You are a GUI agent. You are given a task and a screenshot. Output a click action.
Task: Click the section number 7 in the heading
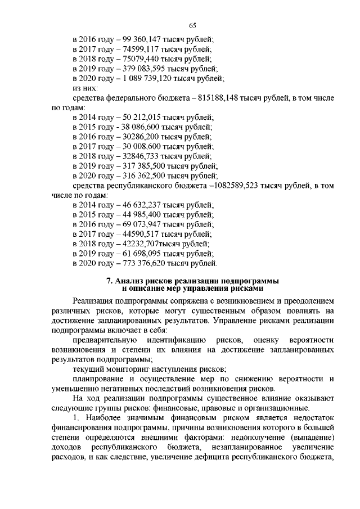[x=109, y=280]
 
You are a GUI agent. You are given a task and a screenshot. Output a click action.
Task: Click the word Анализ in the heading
[x=129, y=280]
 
